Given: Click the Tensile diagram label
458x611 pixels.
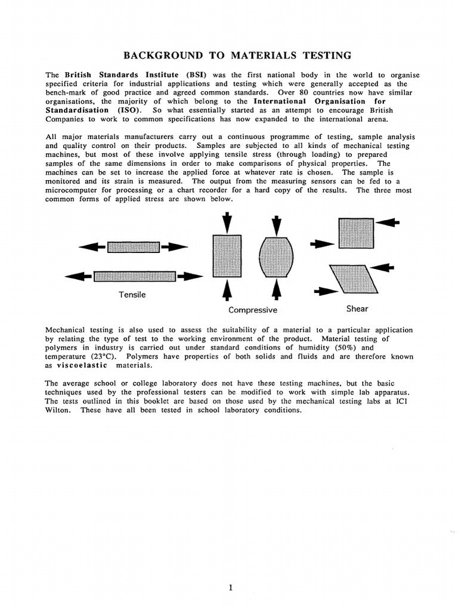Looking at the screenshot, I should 132,294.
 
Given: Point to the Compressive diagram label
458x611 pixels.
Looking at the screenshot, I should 252,310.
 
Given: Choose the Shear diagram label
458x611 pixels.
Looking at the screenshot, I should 357,308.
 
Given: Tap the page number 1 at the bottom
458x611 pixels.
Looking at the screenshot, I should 230,570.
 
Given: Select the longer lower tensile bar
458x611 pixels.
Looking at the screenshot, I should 134,276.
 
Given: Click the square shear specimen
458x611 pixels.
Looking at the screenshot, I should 356,233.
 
